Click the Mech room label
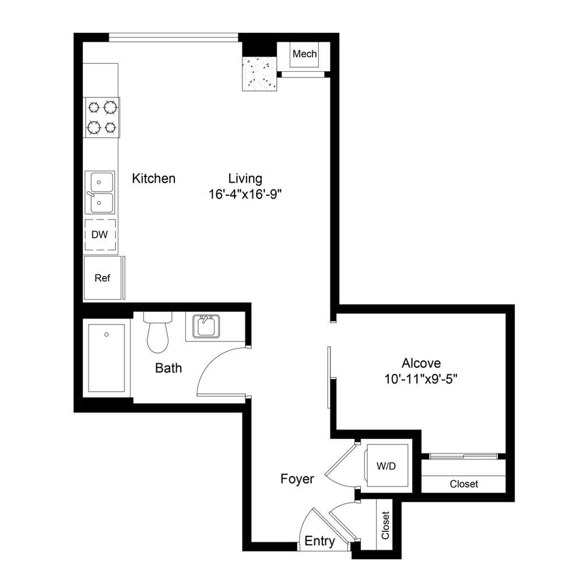tap(304, 54)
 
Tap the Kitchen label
tap(153, 178)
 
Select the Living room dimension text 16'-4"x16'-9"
tap(245, 194)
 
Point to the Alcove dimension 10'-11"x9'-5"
tap(421, 380)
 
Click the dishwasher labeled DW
tap(100, 234)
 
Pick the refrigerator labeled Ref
tap(103, 278)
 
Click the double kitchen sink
tap(100, 192)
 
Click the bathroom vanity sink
tap(206, 326)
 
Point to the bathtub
tap(107, 358)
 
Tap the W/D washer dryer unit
tap(387, 465)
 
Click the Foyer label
tap(297, 479)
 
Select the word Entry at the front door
tap(319, 541)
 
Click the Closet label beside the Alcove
tap(463, 484)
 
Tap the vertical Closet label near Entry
tap(385, 525)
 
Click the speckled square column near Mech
tap(260, 73)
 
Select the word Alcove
tap(422, 363)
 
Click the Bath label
tap(168, 368)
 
